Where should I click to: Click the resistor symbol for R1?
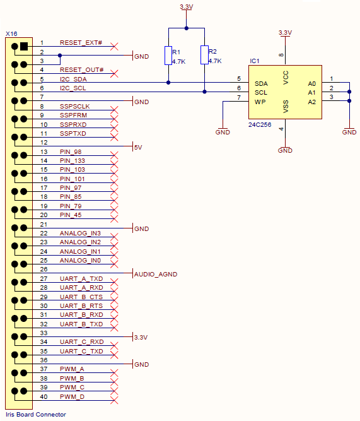(x=168, y=56)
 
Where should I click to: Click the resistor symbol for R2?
(x=204, y=55)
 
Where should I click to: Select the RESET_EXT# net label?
(x=81, y=43)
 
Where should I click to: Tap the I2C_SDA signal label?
(x=73, y=79)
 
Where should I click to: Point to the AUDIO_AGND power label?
(x=156, y=274)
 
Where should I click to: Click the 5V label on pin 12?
(x=138, y=148)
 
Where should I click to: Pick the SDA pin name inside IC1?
(x=261, y=84)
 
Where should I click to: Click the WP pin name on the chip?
(x=260, y=102)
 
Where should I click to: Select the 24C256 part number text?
(x=260, y=125)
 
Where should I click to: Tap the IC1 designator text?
(x=255, y=61)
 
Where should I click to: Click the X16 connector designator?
(x=11, y=34)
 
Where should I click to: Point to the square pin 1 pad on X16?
(x=24, y=47)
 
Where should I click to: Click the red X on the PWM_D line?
(x=114, y=400)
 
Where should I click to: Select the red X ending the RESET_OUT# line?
(x=114, y=73)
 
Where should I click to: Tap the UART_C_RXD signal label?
(x=81, y=342)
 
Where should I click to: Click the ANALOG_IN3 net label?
(x=80, y=233)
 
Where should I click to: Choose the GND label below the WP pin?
(x=223, y=132)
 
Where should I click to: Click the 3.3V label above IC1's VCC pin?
(x=285, y=33)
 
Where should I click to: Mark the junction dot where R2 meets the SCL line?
(x=204, y=92)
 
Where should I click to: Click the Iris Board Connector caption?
(x=36, y=414)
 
